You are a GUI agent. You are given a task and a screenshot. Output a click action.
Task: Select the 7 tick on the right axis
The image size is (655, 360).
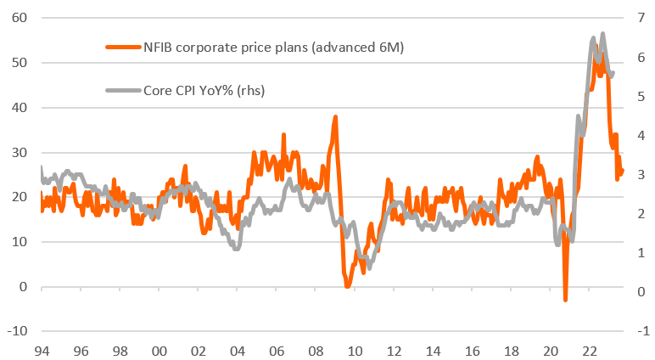click(638, 18)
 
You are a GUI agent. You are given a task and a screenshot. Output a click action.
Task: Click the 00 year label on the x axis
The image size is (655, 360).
click(158, 350)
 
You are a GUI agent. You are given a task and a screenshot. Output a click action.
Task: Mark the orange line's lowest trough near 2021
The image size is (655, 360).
click(565, 299)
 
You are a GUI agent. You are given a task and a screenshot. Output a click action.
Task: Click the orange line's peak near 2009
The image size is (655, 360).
click(335, 117)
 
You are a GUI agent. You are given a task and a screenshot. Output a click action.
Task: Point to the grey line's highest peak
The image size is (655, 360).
click(602, 34)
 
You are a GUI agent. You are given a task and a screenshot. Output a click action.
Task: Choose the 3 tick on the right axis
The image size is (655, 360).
click(638, 175)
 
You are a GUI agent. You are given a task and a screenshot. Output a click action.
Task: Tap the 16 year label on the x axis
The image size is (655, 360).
click(471, 350)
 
